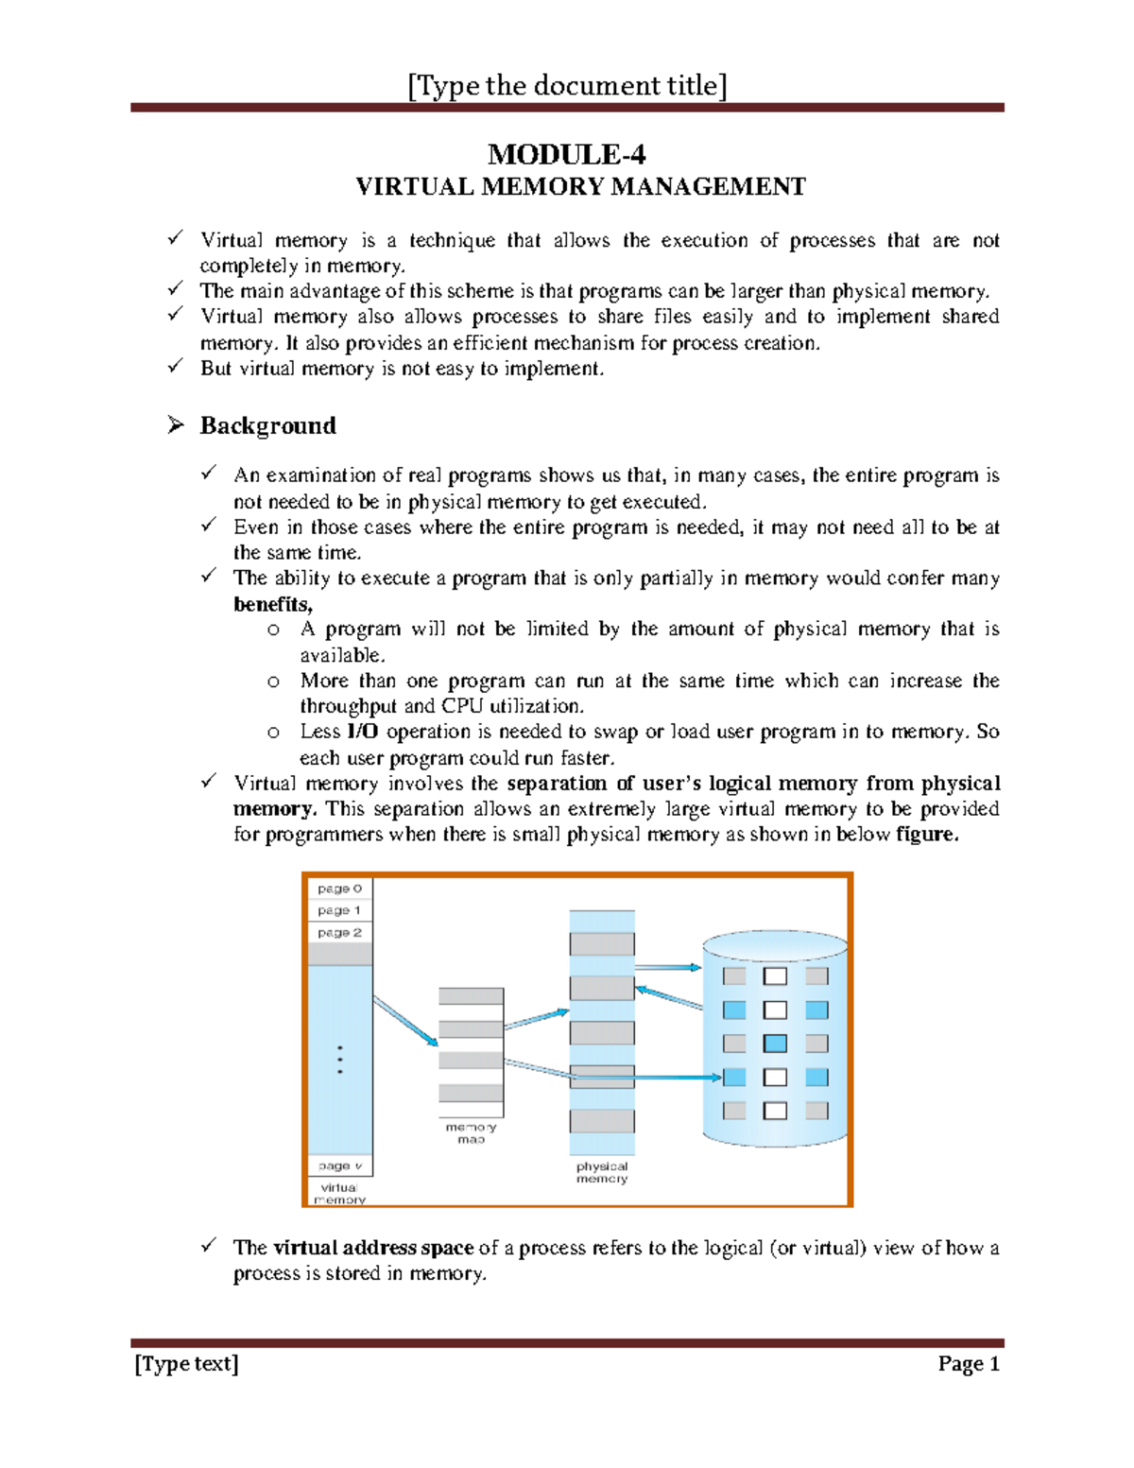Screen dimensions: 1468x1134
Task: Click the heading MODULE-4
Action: click(566, 154)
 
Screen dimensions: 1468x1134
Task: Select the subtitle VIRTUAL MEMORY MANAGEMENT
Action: click(580, 187)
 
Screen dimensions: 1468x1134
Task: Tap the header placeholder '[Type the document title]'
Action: click(567, 86)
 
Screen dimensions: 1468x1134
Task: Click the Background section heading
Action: click(267, 426)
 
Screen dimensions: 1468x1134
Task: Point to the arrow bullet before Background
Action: click(176, 426)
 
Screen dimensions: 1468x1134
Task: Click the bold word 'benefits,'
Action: click(273, 604)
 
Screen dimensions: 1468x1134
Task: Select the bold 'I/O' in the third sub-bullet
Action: click(363, 732)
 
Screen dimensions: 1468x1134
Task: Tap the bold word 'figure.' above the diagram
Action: click(927, 835)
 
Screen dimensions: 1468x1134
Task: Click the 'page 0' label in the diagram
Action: click(339, 889)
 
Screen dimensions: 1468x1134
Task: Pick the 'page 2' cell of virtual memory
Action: click(339, 933)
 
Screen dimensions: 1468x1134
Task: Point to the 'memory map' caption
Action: click(471, 1133)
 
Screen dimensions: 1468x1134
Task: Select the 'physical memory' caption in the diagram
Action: click(602, 1173)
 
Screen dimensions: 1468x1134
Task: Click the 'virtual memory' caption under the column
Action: click(339, 1194)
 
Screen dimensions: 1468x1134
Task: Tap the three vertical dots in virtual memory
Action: click(339, 1060)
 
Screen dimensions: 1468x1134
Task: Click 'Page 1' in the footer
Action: click(969, 1363)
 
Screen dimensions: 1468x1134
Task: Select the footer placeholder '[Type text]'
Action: click(186, 1363)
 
